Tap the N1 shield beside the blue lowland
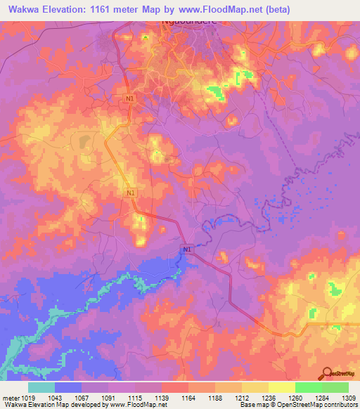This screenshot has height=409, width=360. (x=186, y=249)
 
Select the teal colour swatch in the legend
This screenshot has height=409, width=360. (x=41, y=387)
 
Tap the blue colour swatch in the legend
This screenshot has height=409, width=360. (x=68, y=387)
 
